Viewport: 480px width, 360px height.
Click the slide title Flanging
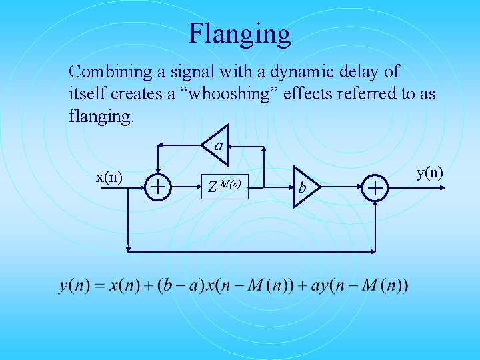[239, 33]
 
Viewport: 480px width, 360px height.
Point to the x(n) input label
[109, 177]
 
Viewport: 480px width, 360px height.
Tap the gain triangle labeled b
[305, 187]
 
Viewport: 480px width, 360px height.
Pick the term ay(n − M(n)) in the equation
[361, 286]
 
